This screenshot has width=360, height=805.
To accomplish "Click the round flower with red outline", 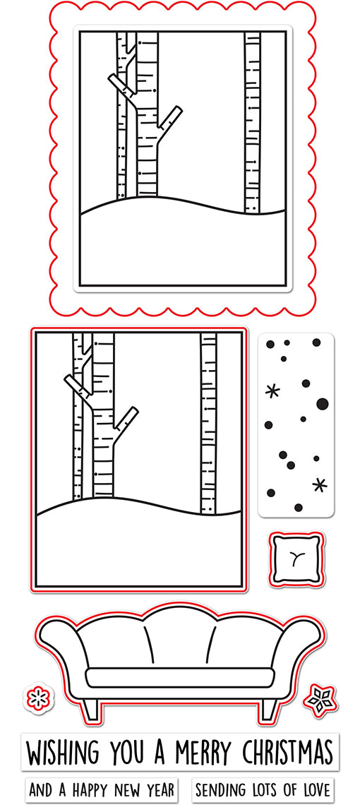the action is pos(38,698).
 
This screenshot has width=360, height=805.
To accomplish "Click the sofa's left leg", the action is pos(90,708).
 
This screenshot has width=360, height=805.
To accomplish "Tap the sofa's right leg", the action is pos(268,708).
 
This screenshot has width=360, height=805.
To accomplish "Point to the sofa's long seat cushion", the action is pos(179,677).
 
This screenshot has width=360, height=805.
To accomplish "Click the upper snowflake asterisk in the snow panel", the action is pos(272,392).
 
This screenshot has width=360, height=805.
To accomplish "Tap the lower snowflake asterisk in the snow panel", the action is pos(320,484).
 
